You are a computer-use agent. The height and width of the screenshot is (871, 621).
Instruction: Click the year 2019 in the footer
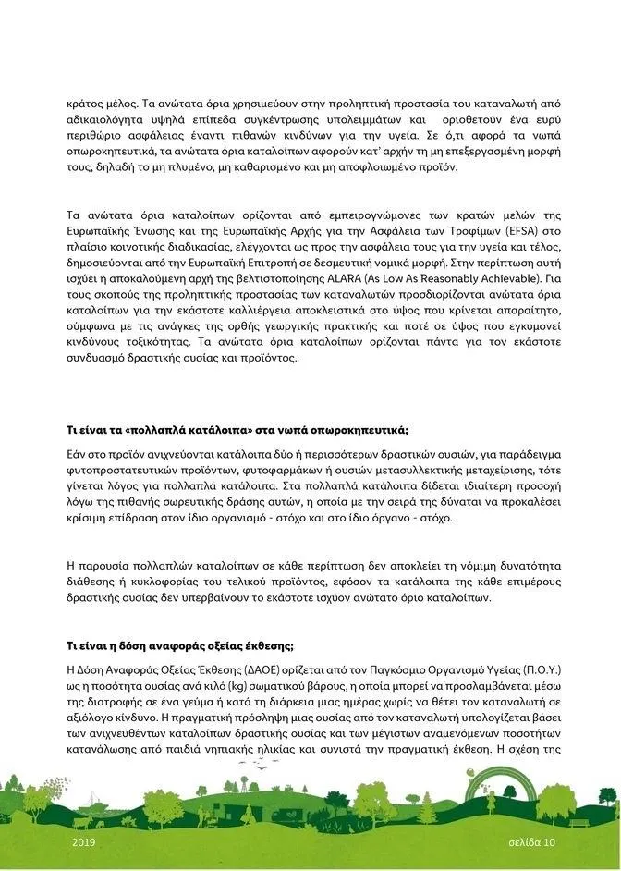tap(83, 843)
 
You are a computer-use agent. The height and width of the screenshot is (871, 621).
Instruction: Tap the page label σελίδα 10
tap(531, 843)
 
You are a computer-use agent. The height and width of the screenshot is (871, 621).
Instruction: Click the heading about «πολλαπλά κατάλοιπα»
tap(237, 431)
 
